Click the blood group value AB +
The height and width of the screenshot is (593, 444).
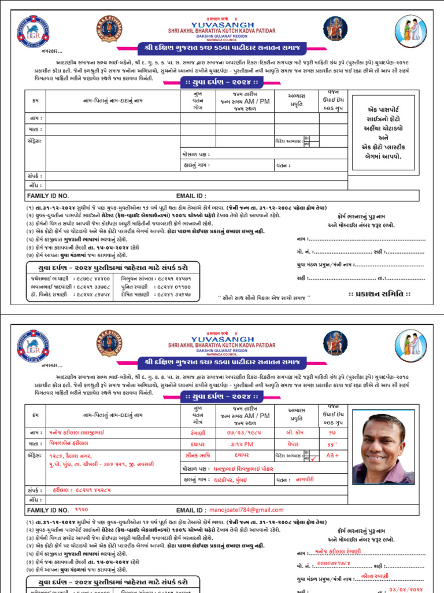click(x=332, y=455)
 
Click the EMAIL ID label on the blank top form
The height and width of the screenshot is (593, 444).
click(x=191, y=196)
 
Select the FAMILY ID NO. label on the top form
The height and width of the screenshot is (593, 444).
click(x=48, y=196)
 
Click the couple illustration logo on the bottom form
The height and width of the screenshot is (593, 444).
click(x=410, y=345)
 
